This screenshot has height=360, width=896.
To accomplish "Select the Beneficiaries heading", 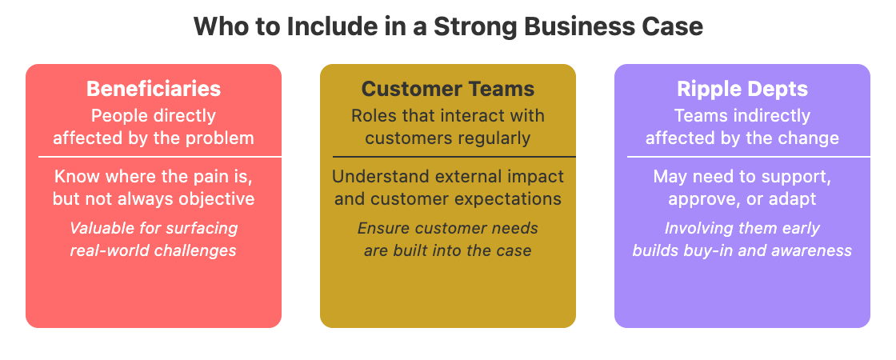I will (x=154, y=88).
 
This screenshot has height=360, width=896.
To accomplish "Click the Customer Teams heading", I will (x=448, y=88).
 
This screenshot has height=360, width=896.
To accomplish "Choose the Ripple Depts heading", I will (x=742, y=88).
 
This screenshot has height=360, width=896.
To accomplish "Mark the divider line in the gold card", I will (x=448, y=157).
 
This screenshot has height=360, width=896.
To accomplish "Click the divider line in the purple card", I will (x=742, y=157).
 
